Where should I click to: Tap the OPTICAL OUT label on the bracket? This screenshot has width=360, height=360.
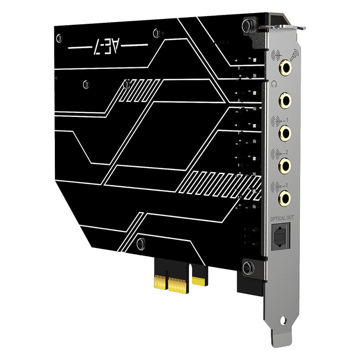(x=282, y=218)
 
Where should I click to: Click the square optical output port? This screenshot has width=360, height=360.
(x=281, y=237)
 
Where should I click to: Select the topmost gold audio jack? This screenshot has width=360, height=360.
(x=285, y=67)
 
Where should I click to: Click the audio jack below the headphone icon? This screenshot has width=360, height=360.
(x=285, y=100)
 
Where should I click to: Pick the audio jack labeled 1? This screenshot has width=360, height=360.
(x=285, y=132)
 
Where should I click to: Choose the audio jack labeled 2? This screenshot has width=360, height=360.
(x=285, y=165)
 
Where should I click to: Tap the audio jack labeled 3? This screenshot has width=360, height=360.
(x=284, y=198)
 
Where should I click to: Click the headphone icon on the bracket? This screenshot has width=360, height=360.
(x=274, y=84)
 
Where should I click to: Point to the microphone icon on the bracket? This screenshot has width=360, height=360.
(x=294, y=55)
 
